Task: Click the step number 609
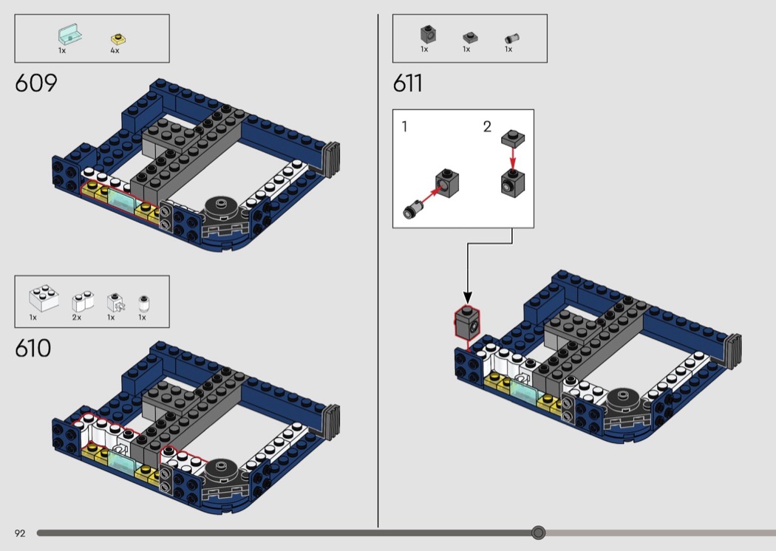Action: coord(36,83)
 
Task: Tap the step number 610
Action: coord(33,348)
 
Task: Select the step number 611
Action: coord(408,83)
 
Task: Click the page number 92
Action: coord(20,533)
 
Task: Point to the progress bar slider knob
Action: coord(539,533)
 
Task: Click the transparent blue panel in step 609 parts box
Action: coord(69,35)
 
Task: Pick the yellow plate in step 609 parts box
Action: coord(119,39)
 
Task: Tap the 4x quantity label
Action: coord(115,50)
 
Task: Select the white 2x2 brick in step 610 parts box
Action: coord(44,298)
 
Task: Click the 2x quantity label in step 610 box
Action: coord(77,318)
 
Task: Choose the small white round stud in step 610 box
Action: coord(143,303)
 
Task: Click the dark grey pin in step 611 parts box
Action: coord(511,38)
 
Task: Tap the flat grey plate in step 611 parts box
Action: coord(470,38)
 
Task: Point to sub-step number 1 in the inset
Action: coord(404,126)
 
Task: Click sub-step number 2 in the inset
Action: coord(487,126)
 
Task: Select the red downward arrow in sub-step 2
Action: coord(513,158)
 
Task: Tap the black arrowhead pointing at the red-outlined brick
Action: coord(467,298)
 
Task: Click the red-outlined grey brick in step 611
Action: coord(467,322)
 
